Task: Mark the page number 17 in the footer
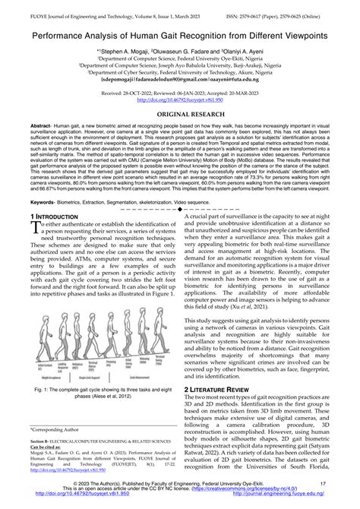point(323,482)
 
